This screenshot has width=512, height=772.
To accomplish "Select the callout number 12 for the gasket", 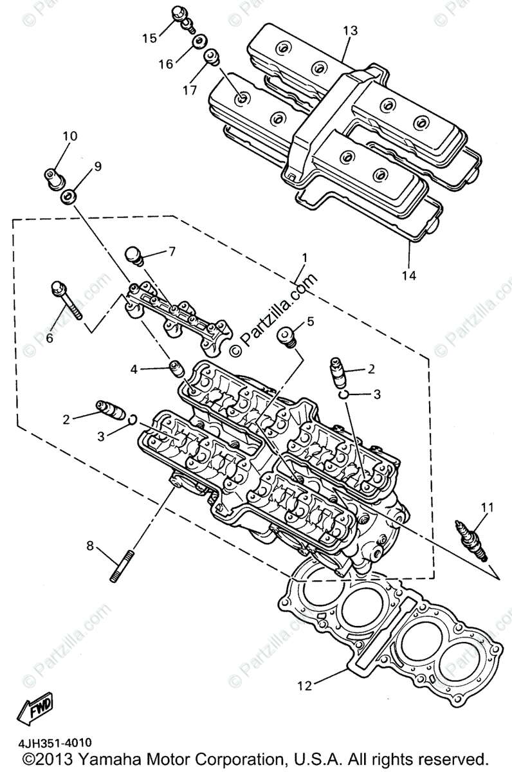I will coord(304,685).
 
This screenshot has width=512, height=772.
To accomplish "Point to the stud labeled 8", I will coord(122,565).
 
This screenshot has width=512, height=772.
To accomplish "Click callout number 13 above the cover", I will coord(349,30).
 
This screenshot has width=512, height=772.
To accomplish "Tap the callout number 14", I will coord(409,275).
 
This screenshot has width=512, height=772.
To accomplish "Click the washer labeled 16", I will coord(199,43).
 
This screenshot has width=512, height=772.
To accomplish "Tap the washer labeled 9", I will coord(68,196).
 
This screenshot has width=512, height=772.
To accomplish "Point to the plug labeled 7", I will coord(135,255).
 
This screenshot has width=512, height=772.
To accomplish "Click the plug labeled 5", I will coord(287,336).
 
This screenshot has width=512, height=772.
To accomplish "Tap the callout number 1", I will coord(304,258).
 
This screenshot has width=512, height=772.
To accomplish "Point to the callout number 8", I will coord(90,546).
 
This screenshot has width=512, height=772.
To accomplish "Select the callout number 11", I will coord(487,508).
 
